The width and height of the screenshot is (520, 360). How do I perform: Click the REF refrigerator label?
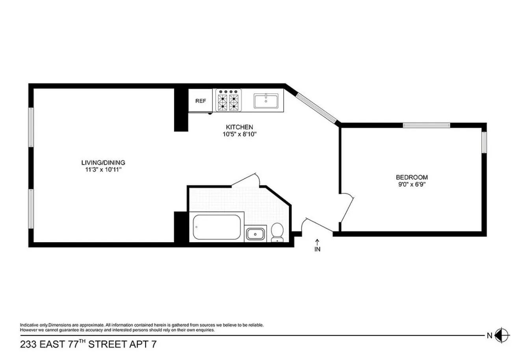201,101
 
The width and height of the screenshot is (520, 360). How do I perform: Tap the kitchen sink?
266,101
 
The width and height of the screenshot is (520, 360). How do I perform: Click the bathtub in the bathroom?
216,227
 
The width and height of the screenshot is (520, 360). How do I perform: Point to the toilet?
277,232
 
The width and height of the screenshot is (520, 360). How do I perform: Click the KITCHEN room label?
239,127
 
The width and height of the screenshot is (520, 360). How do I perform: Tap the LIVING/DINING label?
103,162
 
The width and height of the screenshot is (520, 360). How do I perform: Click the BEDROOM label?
412,177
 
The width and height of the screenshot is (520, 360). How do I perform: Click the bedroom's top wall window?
426,125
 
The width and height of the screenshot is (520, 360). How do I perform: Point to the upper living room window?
31,127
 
